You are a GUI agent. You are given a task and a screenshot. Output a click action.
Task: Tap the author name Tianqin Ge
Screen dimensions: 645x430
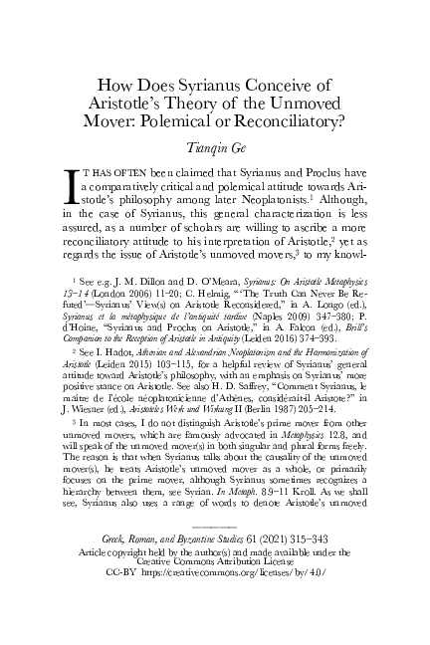(x=214, y=149)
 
